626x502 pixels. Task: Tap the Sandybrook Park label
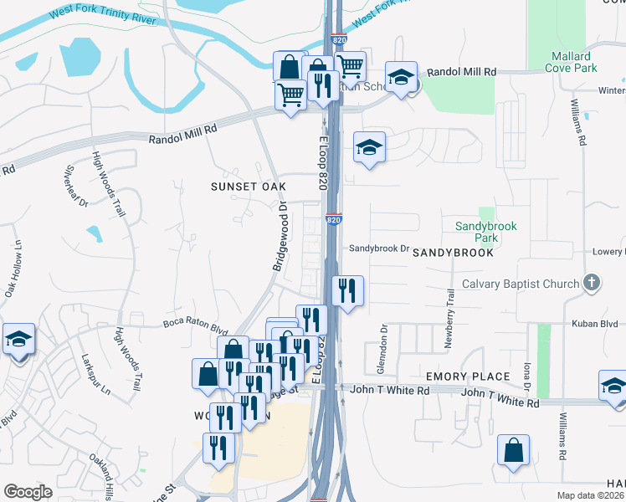[486, 232]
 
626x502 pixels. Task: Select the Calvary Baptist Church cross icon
[592, 282]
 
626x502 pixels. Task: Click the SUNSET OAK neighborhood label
[248, 187]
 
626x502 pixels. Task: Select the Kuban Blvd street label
[594, 324]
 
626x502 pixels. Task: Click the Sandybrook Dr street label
[378, 248]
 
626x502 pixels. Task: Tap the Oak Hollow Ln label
[13, 269]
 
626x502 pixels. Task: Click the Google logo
[28, 492]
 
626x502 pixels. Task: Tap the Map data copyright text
[591, 495]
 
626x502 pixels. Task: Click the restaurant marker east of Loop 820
[347, 290]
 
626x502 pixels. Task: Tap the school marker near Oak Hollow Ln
[18, 339]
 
